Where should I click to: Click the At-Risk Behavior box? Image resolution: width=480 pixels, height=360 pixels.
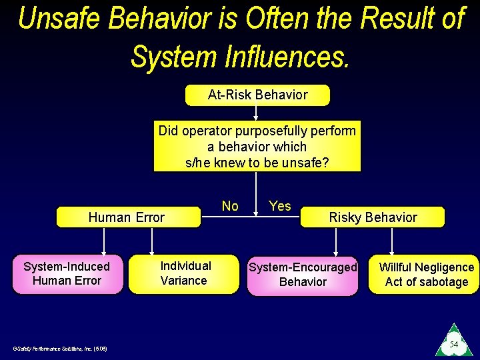point(257,95)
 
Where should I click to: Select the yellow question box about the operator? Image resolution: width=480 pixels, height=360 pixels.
point(257,146)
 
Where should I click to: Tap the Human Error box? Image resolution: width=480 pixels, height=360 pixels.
point(127,217)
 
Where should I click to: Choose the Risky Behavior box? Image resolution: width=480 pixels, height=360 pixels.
point(372,217)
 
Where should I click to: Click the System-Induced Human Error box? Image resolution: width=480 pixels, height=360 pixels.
point(67,274)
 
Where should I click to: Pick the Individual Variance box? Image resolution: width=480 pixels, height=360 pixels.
point(184,274)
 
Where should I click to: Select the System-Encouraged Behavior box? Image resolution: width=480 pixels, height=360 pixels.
point(303,274)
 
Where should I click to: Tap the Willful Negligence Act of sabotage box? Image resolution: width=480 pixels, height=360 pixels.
point(425,274)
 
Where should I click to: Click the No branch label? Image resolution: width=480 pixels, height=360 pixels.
point(230,206)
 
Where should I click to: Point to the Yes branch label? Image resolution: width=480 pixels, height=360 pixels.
point(280,206)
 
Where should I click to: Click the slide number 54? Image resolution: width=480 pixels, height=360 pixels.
point(453,345)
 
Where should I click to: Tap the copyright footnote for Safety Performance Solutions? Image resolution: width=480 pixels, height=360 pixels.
point(61,348)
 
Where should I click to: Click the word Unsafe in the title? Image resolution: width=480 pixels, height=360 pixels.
point(59,19)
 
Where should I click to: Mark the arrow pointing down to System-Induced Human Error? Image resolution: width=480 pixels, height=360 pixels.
point(103,241)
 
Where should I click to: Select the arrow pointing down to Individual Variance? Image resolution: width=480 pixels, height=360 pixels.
point(153,241)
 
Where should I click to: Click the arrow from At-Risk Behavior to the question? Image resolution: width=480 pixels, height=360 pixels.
point(255,113)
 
